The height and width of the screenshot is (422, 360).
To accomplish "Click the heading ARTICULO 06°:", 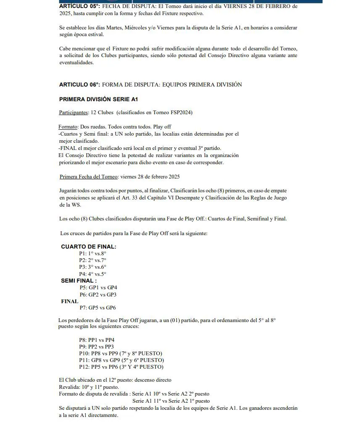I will pos(79,84).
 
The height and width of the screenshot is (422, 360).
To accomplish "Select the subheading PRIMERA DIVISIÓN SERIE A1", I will pos(98,100).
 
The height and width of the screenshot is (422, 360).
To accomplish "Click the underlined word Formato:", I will pos(68,127).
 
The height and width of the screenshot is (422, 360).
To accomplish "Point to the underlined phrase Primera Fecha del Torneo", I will pos(89,177).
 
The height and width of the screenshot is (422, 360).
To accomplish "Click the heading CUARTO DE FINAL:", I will pos(88,247).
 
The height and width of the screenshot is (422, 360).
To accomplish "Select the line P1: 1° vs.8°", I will pos(92,254).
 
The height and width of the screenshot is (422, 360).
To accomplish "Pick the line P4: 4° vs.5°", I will pos(92,274).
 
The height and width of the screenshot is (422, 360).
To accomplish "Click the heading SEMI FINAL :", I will pos(79,280).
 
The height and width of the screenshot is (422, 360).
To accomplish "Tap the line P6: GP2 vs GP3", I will pos(98,294).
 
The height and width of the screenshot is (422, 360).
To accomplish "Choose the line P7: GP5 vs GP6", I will pos(97,308).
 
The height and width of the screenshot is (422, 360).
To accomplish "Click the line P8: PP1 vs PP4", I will pos(96,340).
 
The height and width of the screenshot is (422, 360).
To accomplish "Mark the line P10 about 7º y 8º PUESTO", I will pos(120,354).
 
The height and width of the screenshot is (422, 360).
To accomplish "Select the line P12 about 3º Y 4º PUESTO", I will pos(121,367).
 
